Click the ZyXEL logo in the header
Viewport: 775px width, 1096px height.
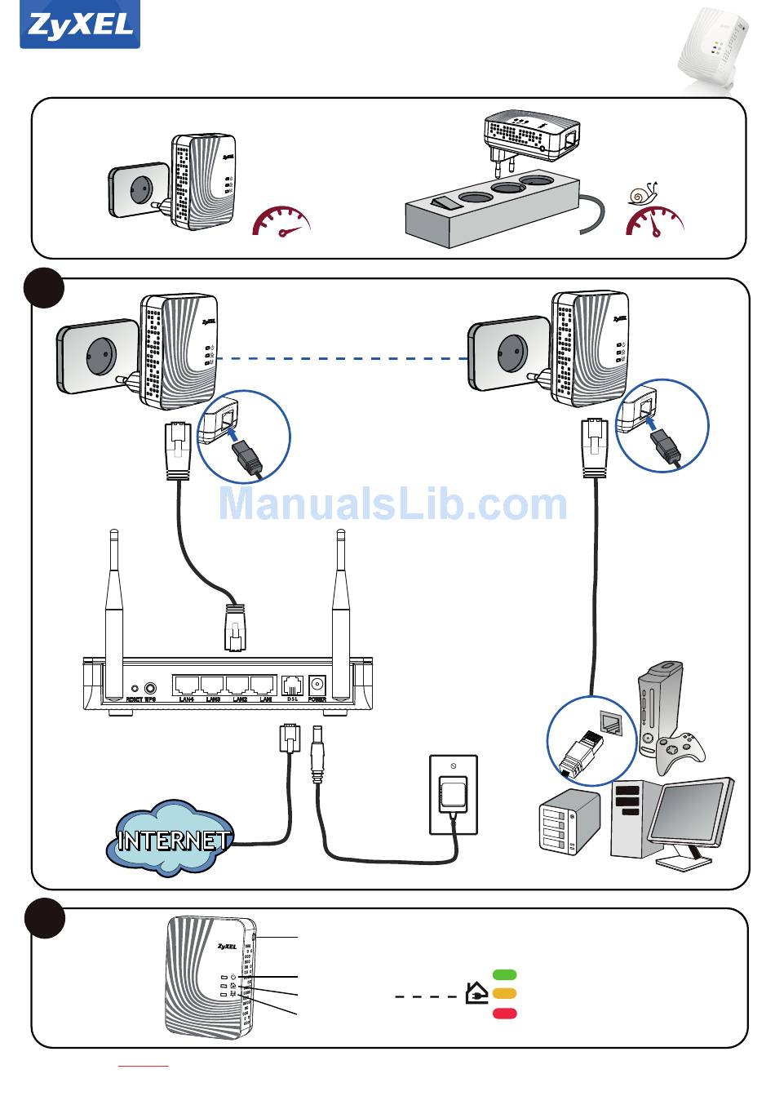80,25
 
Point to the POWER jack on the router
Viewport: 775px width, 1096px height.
317,685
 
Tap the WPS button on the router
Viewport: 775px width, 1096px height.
150,688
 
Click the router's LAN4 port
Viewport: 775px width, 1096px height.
187,686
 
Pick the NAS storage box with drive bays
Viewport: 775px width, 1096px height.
569,822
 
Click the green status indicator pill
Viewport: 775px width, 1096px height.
505,974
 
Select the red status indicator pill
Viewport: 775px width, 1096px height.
505,1014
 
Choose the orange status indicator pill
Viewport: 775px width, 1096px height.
505,994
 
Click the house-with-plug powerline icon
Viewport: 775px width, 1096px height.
476,993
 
